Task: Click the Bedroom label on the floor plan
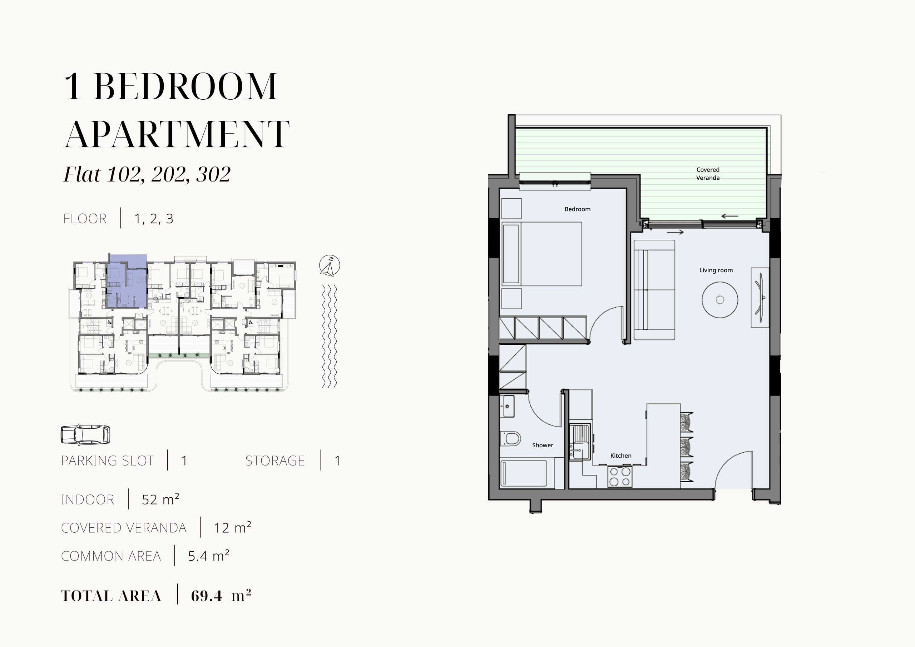tap(578, 209)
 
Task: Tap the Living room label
tap(716, 270)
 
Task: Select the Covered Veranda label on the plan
tap(708, 174)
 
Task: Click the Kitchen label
tap(620, 456)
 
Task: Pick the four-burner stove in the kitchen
tap(620, 477)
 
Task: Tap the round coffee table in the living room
tap(720, 300)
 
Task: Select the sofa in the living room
tap(654, 290)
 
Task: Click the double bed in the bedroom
tap(541, 254)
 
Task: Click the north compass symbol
tap(330, 266)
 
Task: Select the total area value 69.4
tap(207, 596)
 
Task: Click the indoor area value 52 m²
tap(160, 499)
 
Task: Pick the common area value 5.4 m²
tap(208, 556)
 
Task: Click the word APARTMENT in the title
tap(177, 134)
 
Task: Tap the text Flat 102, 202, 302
tap(147, 174)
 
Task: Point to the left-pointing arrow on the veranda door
tap(730, 217)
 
